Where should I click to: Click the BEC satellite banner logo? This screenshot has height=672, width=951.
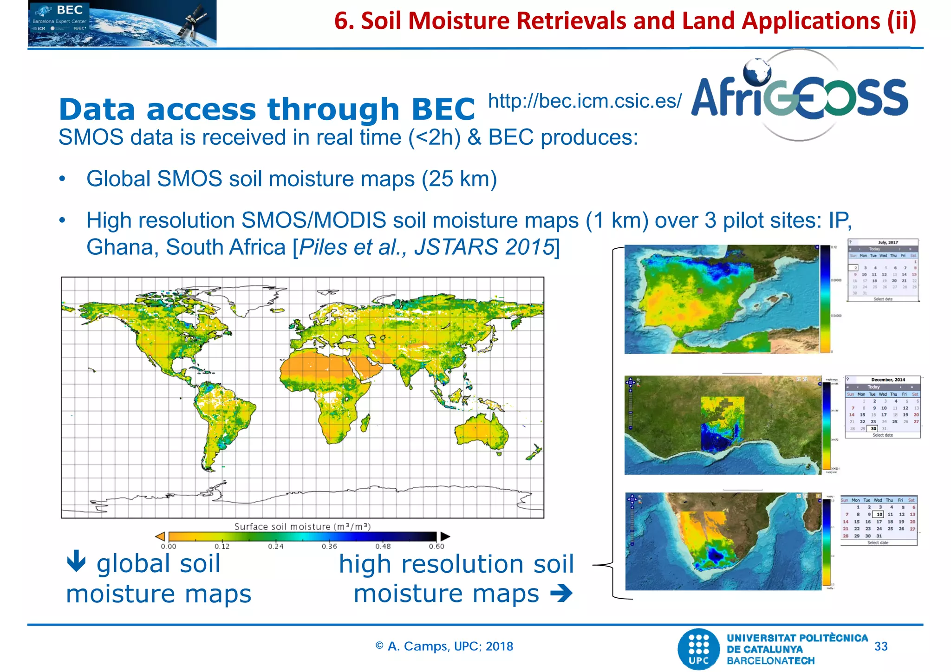[x=122, y=23]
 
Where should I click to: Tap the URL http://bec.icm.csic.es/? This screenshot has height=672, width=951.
[x=585, y=101]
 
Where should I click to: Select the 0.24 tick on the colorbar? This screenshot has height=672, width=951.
[x=275, y=546]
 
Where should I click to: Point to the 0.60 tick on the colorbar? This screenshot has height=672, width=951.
[x=436, y=546]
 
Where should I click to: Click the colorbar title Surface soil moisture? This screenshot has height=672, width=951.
[x=302, y=526]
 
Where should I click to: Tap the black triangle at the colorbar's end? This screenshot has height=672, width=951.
[x=445, y=536]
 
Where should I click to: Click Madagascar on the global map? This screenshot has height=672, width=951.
[x=365, y=422]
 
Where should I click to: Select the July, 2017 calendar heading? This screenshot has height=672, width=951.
[x=887, y=242]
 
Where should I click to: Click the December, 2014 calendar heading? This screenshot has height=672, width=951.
[x=887, y=380]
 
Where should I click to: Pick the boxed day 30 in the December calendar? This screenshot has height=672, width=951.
[x=873, y=428]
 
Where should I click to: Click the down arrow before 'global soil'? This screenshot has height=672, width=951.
[x=76, y=561]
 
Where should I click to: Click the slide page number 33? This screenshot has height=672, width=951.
[x=880, y=646]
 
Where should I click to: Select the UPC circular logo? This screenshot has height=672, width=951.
[x=698, y=649]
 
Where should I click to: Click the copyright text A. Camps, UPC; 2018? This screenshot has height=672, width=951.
[x=444, y=646]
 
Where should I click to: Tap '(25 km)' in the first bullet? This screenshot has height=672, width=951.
[x=459, y=179]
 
